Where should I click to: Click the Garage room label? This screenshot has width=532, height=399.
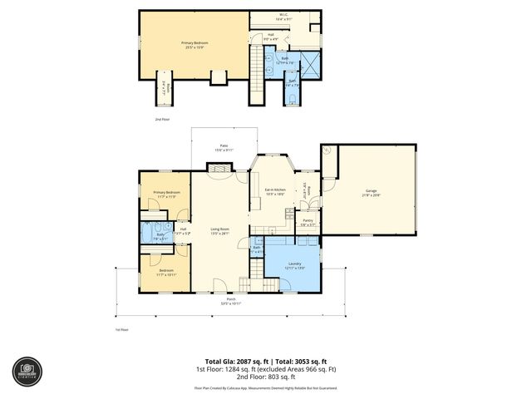(x=371, y=193)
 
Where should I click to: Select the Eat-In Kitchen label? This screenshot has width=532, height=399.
(x=275, y=193)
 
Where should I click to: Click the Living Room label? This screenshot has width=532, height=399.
(x=219, y=231)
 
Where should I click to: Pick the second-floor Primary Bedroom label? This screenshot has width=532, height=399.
(x=194, y=44)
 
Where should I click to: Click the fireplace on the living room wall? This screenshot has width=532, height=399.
(x=219, y=168)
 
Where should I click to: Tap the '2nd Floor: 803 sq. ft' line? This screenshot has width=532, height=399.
(x=266, y=378)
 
